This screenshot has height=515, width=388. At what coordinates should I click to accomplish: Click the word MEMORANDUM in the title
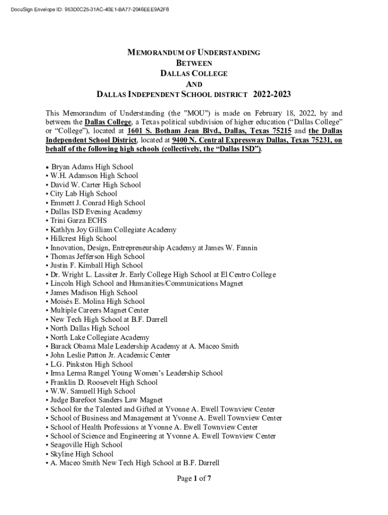(x=153, y=52)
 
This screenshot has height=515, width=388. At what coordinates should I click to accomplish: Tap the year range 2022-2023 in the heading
(x=272, y=94)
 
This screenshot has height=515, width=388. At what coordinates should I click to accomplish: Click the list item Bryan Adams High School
(x=92, y=166)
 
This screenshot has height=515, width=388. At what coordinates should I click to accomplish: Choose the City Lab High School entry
(x=84, y=194)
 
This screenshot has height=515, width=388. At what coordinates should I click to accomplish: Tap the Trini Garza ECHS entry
(x=78, y=221)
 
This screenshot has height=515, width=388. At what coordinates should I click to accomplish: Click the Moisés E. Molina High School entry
(x=97, y=302)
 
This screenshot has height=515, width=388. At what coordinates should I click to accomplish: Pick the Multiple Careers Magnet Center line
(x=99, y=310)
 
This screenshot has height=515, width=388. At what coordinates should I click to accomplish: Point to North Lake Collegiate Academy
(x=100, y=337)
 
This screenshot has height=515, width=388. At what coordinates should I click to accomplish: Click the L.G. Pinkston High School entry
(x=91, y=364)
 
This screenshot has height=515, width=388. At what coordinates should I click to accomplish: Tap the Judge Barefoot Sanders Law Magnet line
(x=106, y=400)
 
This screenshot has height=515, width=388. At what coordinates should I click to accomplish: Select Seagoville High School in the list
(x=86, y=445)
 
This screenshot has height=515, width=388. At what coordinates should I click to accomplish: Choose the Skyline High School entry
(x=82, y=454)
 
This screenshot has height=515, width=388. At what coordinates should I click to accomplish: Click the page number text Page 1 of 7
(x=193, y=478)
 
